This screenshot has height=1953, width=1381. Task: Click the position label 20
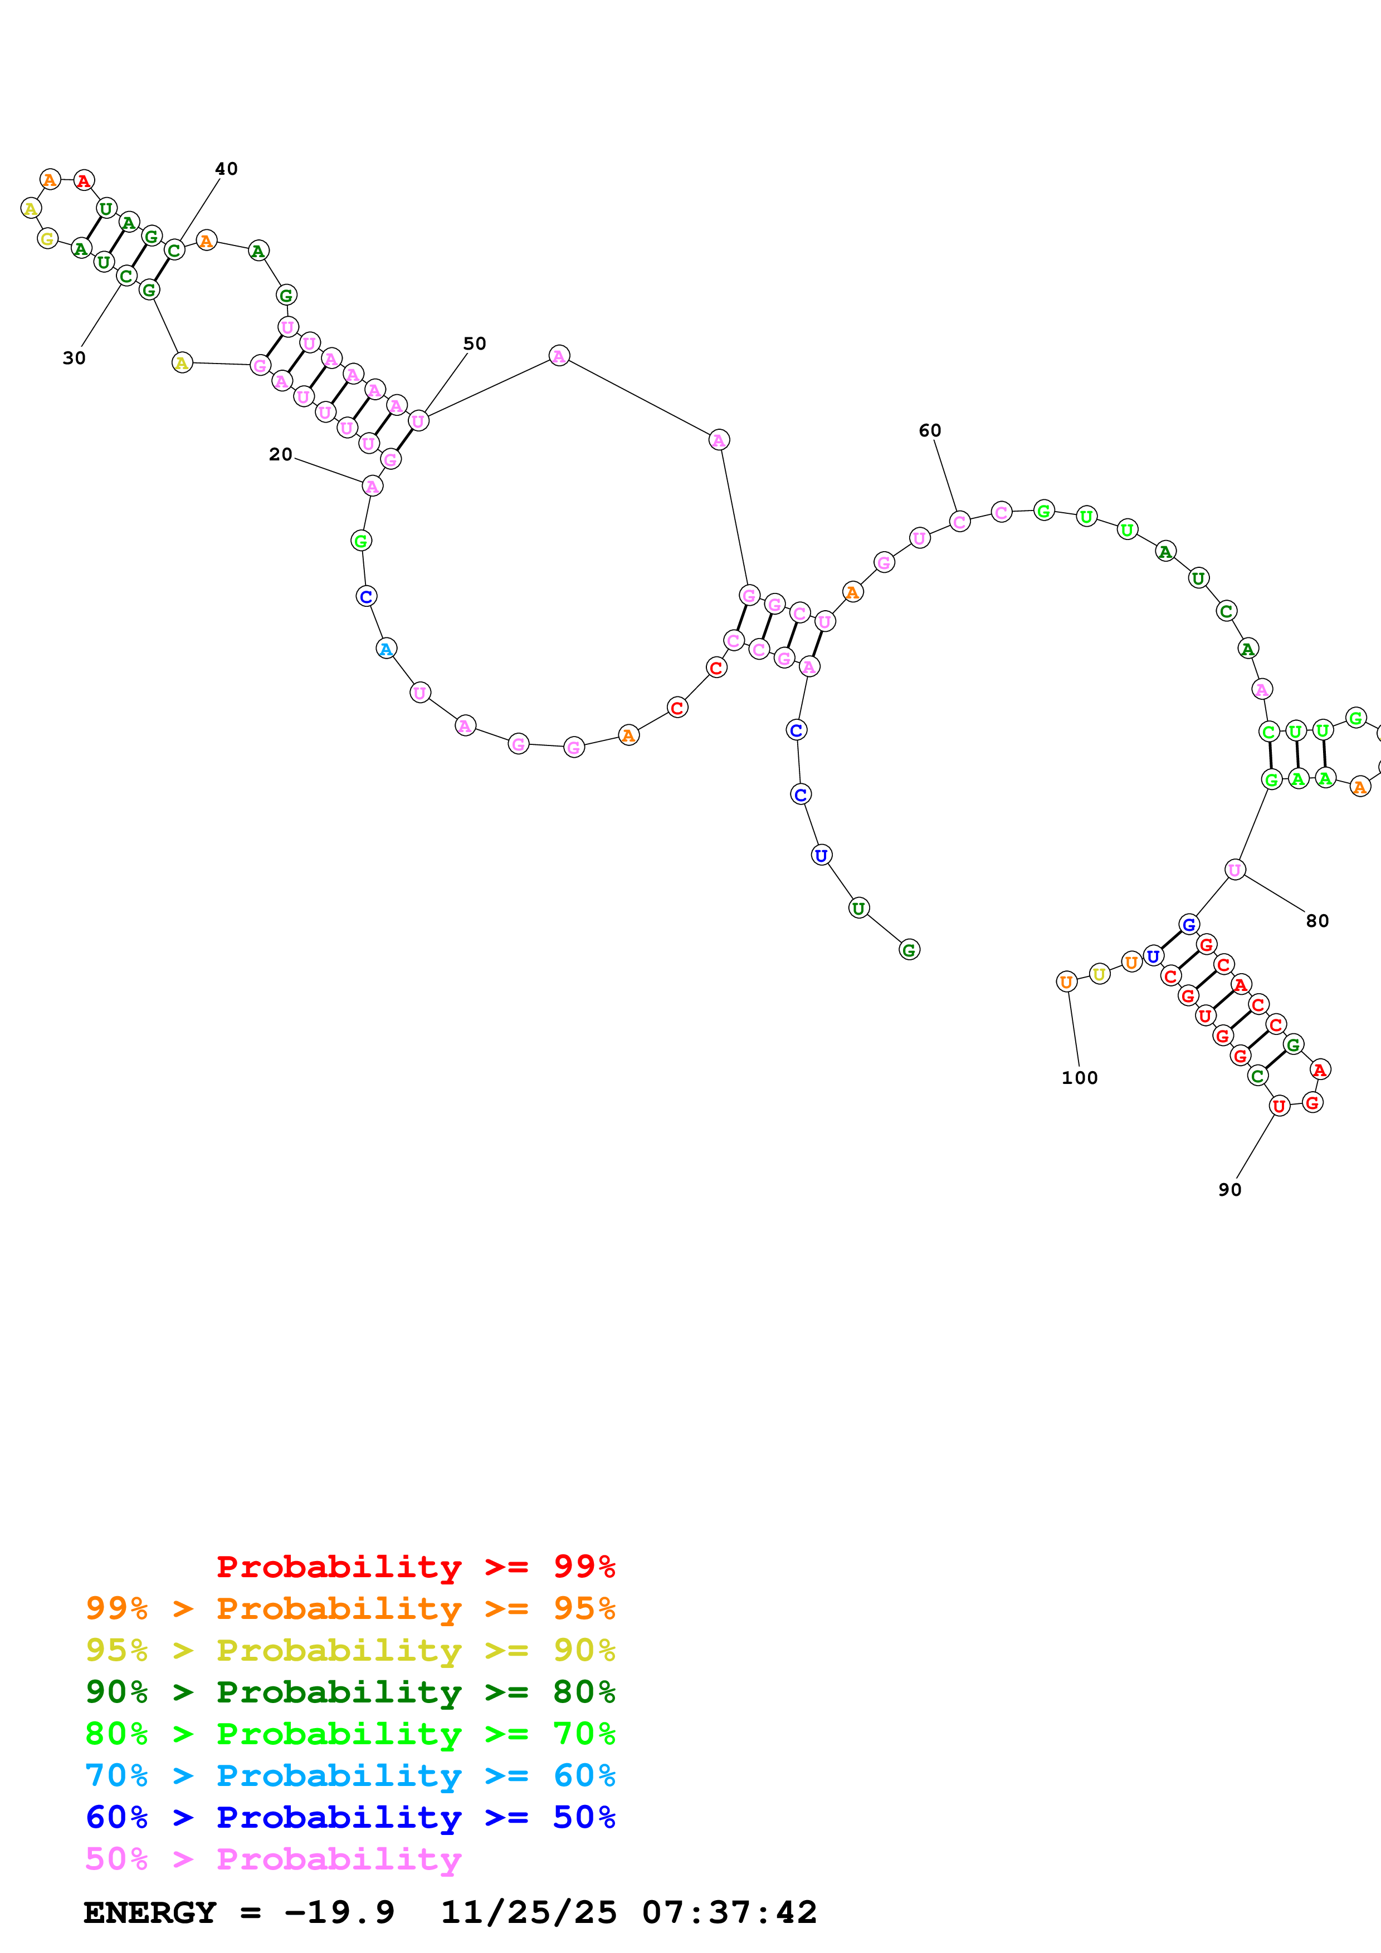coord(280,455)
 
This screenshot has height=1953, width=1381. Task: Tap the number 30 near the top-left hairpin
coord(74,358)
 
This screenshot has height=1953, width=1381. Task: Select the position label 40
coord(226,169)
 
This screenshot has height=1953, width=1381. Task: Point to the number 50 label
coord(475,344)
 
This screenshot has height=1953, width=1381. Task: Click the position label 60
coord(930,430)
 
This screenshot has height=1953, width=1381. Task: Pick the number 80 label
coord(1317,921)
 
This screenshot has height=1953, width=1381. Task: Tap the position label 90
coord(1229,1190)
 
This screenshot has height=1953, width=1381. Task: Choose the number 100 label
coord(1080,1078)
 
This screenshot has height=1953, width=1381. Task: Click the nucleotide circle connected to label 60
coord(960,522)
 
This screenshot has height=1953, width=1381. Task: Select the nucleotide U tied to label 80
coord(1234,869)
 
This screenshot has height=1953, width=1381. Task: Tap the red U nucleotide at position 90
coord(1279,1106)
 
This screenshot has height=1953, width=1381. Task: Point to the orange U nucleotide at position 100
coord(1066,982)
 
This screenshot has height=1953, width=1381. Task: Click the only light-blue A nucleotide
coord(386,649)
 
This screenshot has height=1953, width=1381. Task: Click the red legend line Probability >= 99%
coord(415,1566)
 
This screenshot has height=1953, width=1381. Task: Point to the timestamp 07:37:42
coord(729,1912)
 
